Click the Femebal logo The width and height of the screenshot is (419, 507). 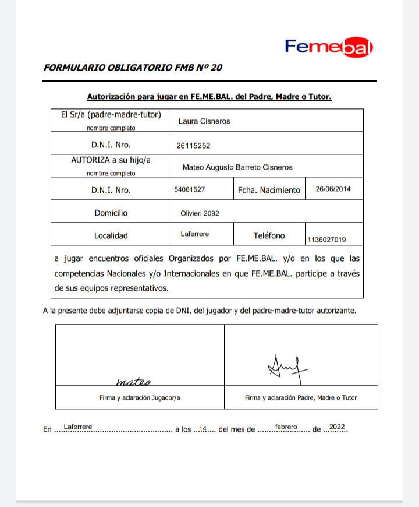point(329,47)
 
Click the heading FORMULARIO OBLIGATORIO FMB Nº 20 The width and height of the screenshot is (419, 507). point(133,67)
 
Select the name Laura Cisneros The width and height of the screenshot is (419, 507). point(204,121)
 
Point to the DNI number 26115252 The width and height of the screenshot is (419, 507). point(193,145)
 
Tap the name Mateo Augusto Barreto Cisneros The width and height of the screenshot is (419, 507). point(237,167)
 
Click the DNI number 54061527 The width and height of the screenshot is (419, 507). point(189,189)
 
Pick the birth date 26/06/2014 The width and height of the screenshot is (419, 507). point(333,189)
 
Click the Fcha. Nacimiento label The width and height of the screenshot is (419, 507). point(269,190)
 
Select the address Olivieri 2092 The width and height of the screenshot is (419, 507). point(200,213)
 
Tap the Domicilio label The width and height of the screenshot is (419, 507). point(111,213)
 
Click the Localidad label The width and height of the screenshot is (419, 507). point(111,236)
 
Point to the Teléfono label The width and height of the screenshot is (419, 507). point(269,235)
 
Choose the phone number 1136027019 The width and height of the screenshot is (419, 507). point(326,239)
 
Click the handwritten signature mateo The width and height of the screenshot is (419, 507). point(133,382)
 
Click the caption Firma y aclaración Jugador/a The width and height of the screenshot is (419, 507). point(140,398)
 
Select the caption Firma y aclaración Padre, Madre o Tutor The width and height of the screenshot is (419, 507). point(301,398)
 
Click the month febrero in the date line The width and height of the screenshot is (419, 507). point(286,427)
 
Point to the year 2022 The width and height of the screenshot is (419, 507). point(336,427)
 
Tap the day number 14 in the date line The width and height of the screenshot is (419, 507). point(204,429)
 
